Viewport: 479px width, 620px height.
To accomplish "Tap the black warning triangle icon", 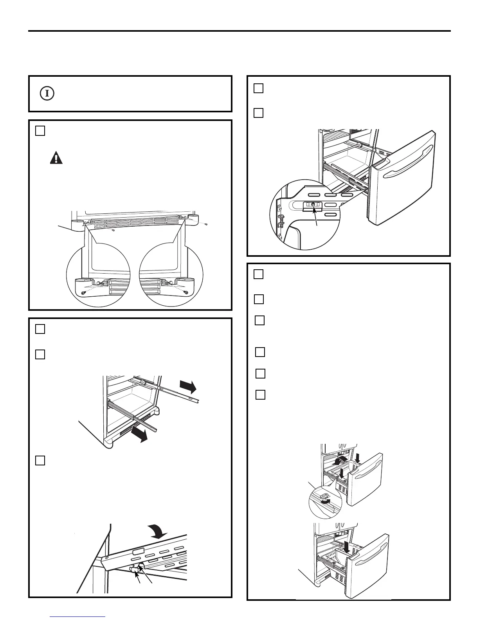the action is (56, 158).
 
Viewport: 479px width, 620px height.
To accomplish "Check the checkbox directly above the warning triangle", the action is (40, 131).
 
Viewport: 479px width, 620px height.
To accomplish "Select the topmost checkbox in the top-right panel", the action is (258, 88).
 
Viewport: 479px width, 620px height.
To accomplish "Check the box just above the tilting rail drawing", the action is (40, 460).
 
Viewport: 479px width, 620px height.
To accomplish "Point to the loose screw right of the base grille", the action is (206, 224).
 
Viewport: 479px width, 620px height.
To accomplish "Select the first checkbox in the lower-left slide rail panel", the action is (40, 329).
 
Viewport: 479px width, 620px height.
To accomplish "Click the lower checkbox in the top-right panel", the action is (258, 113).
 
